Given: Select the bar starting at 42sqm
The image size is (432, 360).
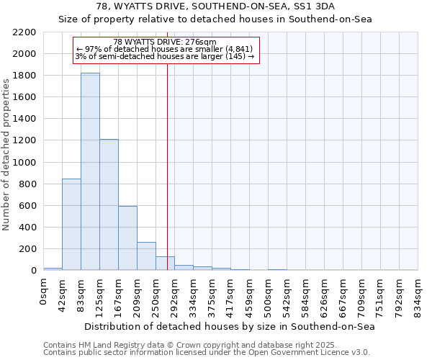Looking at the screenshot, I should click(71, 224).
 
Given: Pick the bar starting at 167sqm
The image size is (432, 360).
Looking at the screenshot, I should click(127, 238).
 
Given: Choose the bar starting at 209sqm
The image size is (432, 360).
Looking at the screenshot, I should click(146, 256).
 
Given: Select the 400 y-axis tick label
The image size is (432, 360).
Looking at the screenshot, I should click(27, 228).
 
